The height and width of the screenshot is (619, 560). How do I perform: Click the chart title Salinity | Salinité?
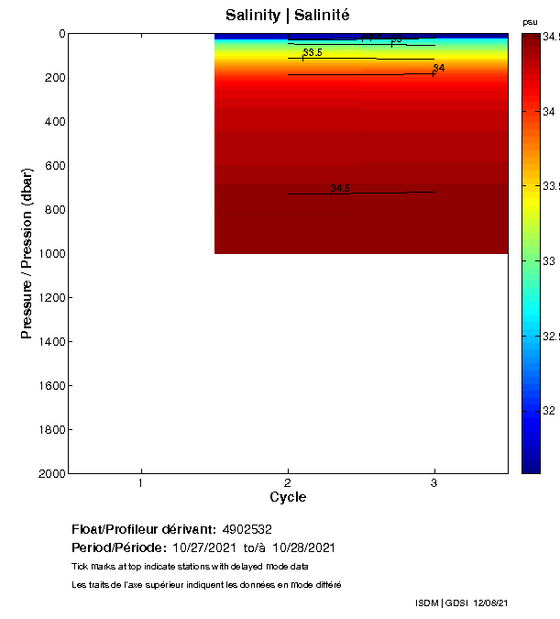tap(287, 16)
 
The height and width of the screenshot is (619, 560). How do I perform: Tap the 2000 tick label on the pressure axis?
tap(53, 474)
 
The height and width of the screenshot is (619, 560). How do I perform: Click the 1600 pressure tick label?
tap(53, 386)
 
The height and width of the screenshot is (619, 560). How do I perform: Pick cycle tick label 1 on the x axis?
tap(141, 482)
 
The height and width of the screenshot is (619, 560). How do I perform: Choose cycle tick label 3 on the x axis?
tap(434, 482)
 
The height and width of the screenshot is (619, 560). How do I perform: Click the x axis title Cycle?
tap(288, 497)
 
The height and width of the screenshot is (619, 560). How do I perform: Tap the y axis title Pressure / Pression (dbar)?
tap(27, 254)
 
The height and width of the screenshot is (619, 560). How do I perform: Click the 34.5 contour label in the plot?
tap(341, 188)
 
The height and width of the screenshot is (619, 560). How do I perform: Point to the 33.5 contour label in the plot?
tap(313, 52)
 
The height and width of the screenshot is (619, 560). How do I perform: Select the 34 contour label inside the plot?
tap(439, 68)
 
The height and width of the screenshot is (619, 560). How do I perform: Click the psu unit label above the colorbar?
tap(530, 22)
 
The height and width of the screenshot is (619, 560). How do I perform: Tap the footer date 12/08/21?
tap(491, 602)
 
